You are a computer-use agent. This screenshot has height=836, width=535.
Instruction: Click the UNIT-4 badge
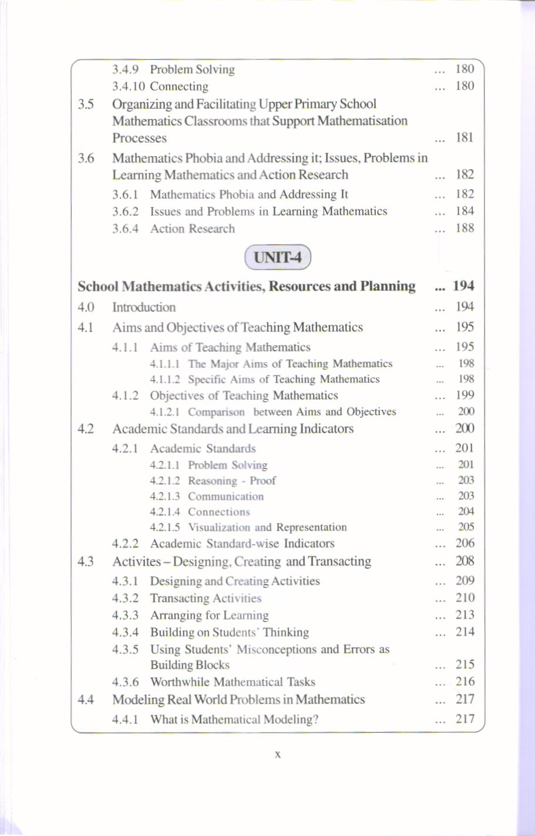(277, 257)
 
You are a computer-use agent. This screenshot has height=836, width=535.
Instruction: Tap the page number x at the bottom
(277, 754)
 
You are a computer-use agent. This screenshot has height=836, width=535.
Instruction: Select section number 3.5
(86, 105)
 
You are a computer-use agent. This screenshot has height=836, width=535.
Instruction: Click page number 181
(465, 138)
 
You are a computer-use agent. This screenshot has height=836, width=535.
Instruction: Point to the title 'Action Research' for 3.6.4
(192, 229)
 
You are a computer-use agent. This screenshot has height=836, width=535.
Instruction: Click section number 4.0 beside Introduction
(86, 307)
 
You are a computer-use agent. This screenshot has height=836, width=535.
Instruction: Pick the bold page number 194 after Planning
(463, 286)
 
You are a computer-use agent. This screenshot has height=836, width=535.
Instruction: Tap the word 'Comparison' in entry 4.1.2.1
(216, 412)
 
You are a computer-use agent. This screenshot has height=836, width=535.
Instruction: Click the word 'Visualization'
(219, 528)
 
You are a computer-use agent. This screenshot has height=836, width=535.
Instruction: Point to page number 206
(465, 544)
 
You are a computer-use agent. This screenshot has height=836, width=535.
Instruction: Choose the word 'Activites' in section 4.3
(136, 562)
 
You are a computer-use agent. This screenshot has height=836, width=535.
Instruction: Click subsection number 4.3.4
(125, 632)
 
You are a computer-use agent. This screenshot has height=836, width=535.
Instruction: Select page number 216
(465, 682)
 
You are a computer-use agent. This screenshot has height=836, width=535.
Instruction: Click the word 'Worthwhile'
(179, 682)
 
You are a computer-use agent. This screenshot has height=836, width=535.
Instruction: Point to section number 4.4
(86, 700)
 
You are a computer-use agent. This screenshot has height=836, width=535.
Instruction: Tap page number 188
(465, 228)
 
